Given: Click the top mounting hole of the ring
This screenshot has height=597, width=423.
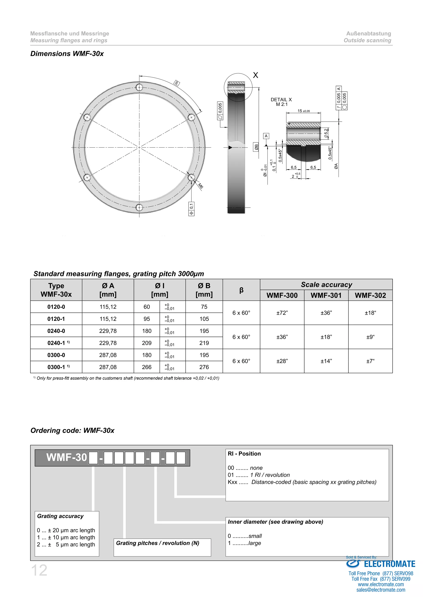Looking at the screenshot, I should pos(139,87).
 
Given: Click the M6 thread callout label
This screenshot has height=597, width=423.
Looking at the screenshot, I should pos(200,186).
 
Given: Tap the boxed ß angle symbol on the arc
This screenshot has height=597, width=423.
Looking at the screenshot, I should pos(177,83).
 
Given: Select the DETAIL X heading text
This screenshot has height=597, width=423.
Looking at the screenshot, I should pos(281,100).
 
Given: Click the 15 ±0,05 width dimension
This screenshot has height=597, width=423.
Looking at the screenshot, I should pos(303,111).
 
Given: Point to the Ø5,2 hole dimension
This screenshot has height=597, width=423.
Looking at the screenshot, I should pos(326,133).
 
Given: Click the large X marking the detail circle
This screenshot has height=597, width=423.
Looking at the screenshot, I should pos(255,75).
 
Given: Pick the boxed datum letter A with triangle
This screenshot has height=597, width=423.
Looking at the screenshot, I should pos(266,136).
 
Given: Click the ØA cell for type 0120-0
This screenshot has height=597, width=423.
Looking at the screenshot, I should pos(108,307).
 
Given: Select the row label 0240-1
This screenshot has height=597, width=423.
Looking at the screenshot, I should pos(56,343).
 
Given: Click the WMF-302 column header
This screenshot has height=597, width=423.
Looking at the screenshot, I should pos(370,295).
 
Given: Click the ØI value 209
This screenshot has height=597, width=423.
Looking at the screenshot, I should pos(147,343).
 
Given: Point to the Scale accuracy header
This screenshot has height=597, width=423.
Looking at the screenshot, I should pos(326,284).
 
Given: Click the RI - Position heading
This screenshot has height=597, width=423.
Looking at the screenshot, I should pos(244,454).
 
